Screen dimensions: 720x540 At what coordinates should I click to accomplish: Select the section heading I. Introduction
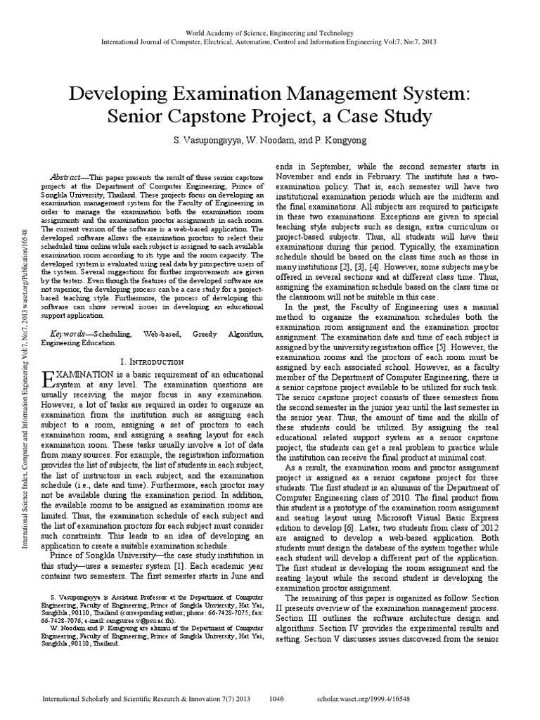(153, 361)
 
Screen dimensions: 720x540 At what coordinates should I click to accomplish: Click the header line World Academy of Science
(270, 33)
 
